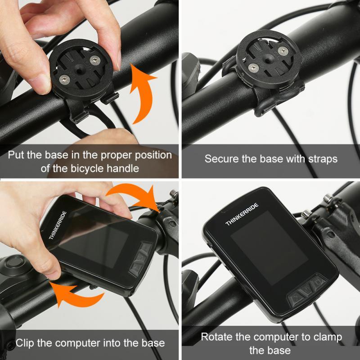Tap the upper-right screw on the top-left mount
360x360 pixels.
(x=95, y=60)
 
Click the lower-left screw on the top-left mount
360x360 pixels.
(x=64, y=80)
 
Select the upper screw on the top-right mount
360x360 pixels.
(x=283, y=50)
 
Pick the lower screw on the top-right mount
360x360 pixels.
(x=253, y=68)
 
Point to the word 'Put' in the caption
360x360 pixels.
(x=16, y=155)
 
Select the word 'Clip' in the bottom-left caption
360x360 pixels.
(x=25, y=343)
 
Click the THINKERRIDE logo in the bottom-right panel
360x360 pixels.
(x=242, y=214)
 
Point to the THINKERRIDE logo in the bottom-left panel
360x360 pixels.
(x=58, y=225)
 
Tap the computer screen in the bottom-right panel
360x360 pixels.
(x=269, y=248)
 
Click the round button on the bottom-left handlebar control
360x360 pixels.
(x=15, y=262)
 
